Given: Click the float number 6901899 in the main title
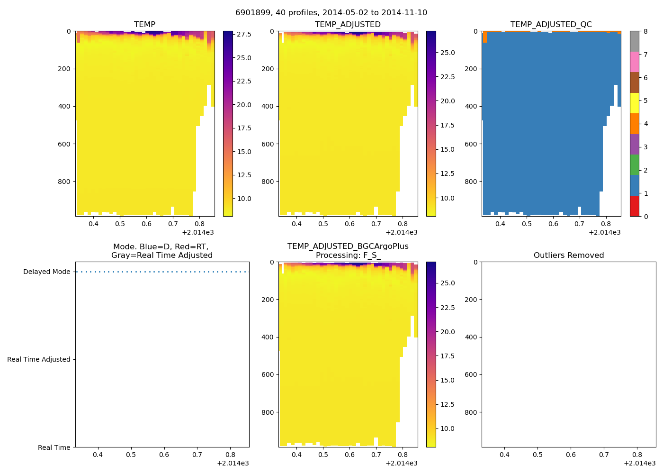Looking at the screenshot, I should click(251, 13).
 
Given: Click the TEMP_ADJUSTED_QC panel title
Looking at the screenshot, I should click(551, 24).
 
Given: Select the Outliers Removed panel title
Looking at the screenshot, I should click(568, 255).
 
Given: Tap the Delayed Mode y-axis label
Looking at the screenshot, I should click(46, 272).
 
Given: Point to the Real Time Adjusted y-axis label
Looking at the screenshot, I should click(38, 359).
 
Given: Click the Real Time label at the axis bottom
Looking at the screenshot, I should click(54, 447).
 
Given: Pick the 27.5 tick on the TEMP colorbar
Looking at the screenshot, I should click(244, 34).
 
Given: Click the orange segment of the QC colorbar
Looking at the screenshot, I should click(635, 124).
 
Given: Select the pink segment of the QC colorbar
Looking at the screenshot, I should click(635, 62).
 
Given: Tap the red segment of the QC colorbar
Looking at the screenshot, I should click(635, 206).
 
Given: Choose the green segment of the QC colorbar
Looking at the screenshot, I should click(635, 164).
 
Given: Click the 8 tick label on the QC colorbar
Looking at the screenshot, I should click(645, 31).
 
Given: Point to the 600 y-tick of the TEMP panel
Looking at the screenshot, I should click(65, 144).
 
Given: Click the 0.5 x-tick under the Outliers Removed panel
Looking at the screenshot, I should click(538, 455).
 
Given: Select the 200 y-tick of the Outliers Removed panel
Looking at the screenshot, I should click(471, 300).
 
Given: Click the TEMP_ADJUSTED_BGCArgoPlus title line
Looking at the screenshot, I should click(348, 246).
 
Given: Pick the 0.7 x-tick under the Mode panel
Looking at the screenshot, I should click(197, 455).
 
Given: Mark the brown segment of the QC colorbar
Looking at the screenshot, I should click(635, 82).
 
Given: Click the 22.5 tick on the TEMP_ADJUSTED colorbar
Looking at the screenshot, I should click(448, 77).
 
